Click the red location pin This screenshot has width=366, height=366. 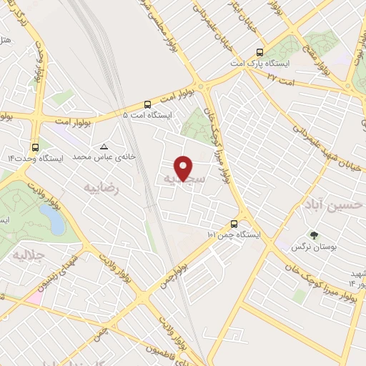(x=184, y=168)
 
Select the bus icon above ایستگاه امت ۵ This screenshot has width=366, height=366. (x=147, y=103)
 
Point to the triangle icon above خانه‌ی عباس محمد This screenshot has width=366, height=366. (x=105, y=145)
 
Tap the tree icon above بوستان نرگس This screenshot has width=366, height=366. (x=313, y=234)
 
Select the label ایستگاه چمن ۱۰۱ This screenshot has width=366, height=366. (x=234, y=234)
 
